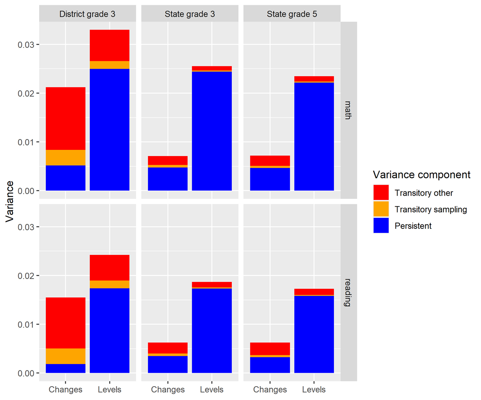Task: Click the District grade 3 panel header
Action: pyautogui.click(x=87, y=14)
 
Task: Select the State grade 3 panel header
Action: pyautogui.click(x=189, y=14)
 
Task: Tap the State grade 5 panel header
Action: pyautogui.click(x=292, y=14)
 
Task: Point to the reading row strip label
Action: pyautogui.click(x=348, y=292)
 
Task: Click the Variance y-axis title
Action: pyautogui.click(x=10, y=202)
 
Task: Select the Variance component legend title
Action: pyautogui.click(x=421, y=175)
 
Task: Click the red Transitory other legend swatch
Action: pyautogui.click(x=381, y=193)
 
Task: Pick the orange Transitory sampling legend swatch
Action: pyautogui.click(x=381, y=209)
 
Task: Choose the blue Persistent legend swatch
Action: pyautogui.click(x=381, y=226)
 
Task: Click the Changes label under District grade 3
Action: pyautogui.click(x=66, y=390)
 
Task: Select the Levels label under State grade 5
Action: pyautogui.click(x=314, y=390)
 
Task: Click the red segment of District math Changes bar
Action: pyautogui.click(x=66, y=119)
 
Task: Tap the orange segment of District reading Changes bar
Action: pyautogui.click(x=66, y=356)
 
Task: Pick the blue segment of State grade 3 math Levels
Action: pyautogui.click(x=212, y=130)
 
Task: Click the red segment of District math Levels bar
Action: pyautogui.click(x=110, y=45)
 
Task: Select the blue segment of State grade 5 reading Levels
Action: pyautogui.click(x=314, y=334)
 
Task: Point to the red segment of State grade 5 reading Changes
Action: pyautogui.click(x=270, y=349)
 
